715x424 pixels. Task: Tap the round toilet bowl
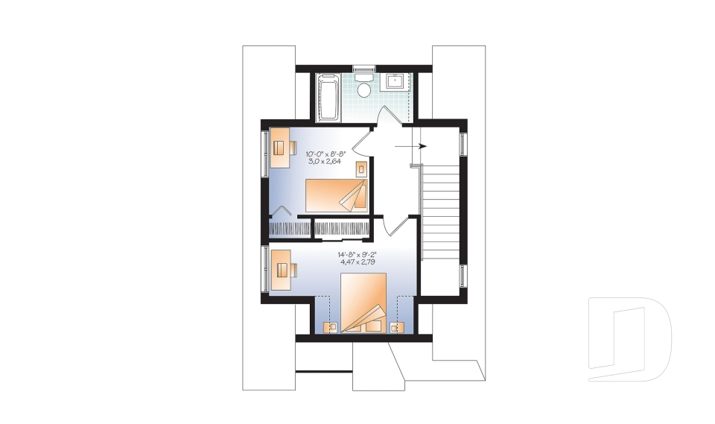pos(364,91)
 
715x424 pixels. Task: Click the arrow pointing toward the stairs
pos(410,146)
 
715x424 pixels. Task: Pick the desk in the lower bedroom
pos(281,269)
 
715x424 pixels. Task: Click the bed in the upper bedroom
pos(337,194)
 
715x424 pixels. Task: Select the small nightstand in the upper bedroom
pos(361,168)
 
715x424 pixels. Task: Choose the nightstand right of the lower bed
pos(396,326)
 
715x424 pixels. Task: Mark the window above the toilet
pos(363,69)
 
